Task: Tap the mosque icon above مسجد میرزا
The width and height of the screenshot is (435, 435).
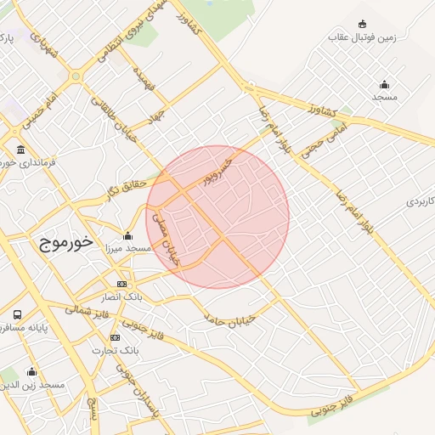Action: point(127,235)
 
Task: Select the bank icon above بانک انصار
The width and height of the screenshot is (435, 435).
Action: point(122,284)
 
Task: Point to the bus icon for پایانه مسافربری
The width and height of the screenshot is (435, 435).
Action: point(18,314)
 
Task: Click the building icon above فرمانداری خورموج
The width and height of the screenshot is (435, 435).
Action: point(20,150)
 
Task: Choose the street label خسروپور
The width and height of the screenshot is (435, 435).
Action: point(217,171)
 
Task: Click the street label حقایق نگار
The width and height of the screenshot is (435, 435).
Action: point(126,188)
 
